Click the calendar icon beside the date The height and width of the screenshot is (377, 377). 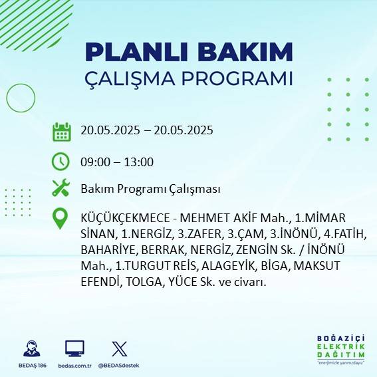click(61, 132)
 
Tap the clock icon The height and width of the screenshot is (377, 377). click(61, 162)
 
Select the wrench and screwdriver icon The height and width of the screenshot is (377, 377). click(61, 189)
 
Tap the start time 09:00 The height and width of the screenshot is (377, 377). click(94, 162)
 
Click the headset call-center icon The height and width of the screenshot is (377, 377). click(30, 348)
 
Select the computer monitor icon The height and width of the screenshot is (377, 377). click(74, 348)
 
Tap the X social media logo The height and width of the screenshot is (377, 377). click(119, 348)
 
